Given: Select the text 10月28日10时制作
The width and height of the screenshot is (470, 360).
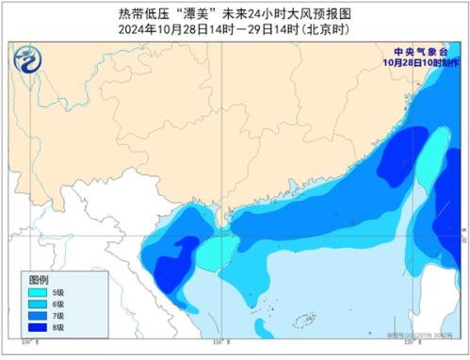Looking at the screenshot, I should coord(418,64).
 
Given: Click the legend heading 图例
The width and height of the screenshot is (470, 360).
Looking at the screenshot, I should coord(38,281).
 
